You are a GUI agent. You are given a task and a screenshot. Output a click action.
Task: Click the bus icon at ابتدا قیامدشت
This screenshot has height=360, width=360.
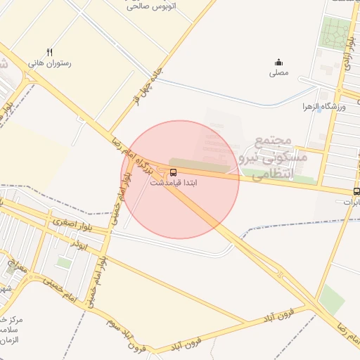tap(173, 172)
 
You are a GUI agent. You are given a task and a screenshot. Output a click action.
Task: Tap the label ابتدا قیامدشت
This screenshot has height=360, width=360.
tap(174, 182)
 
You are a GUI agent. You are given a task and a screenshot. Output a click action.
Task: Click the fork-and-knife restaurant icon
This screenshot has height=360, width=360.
tap(49, 52)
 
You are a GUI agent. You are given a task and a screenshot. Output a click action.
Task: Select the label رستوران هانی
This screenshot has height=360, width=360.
tap(50, 63)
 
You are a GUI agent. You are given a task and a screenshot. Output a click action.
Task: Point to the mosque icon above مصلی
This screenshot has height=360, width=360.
tap(278, 62)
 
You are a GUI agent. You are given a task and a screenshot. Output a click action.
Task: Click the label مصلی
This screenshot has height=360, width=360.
tap(278, 72)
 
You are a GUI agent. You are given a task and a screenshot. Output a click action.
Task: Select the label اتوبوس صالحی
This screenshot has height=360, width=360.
tap(151, 6)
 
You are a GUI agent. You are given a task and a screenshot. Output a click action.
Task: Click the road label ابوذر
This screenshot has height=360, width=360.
tap(79, 243)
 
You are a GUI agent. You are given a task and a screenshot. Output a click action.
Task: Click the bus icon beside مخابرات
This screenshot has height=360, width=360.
tap(356, 191)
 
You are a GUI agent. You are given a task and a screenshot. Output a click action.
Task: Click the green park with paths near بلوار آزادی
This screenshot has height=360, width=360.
tap(335, 32)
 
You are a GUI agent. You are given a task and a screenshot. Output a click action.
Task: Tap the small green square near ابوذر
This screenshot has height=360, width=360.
tap(64, 262)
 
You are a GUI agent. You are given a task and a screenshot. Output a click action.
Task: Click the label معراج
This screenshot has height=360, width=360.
tap(19, 268)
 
